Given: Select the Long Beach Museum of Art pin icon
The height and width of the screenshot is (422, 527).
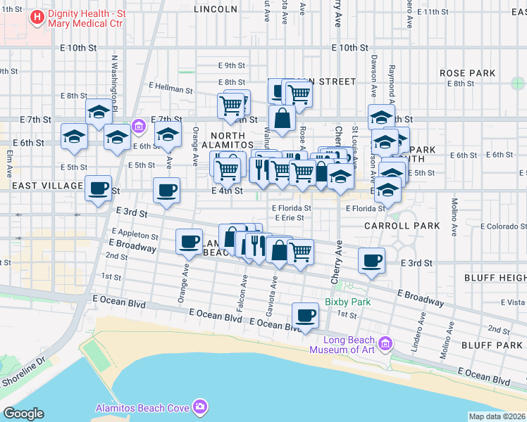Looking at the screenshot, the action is click(385, 343).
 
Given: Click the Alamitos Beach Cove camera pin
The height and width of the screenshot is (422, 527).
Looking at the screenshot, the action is click(201, 407).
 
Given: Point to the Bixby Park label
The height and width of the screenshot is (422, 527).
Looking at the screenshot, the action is click(342, 302).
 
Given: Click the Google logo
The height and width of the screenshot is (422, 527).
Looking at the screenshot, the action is click(23, 414).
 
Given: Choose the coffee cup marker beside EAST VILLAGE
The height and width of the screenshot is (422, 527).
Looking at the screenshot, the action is click(99, 188).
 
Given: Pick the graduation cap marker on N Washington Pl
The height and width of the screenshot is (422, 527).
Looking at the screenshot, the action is click(99, 111).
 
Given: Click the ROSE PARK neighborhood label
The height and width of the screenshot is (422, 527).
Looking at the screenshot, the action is click(467, 73).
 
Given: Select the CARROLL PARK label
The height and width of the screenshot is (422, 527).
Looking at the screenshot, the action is click(402, 226).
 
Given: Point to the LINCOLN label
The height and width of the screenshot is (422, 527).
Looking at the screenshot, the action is click(215, 9).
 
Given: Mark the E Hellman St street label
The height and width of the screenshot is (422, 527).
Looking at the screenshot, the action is click(170, 89).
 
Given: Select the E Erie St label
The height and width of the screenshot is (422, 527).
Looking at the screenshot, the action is click(289, 218).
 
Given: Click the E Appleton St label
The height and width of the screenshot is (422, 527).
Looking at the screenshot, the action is click(135, 234).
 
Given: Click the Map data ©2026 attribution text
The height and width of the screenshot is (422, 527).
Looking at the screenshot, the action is click(497, 416).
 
